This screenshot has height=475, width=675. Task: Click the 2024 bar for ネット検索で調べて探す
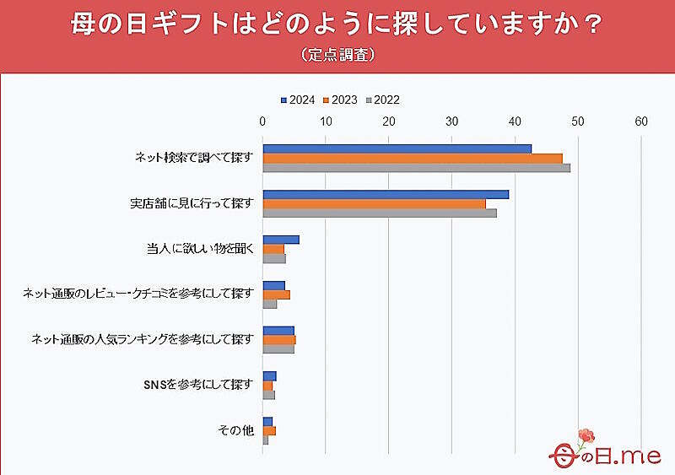[397, 148]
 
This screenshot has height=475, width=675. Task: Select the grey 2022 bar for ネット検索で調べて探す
[416, 168]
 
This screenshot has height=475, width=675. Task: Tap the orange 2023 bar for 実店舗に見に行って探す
[374, 203]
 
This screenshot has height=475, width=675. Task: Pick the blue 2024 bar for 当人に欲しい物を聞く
[281, 240]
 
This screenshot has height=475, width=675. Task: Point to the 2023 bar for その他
[269, 430]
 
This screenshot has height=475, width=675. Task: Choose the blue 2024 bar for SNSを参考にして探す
[270, 375]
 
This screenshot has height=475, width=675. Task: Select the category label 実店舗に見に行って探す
[192, 203]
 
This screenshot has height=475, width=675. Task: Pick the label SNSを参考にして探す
[199, 385]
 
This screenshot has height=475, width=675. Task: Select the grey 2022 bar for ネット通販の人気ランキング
[278, 348]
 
